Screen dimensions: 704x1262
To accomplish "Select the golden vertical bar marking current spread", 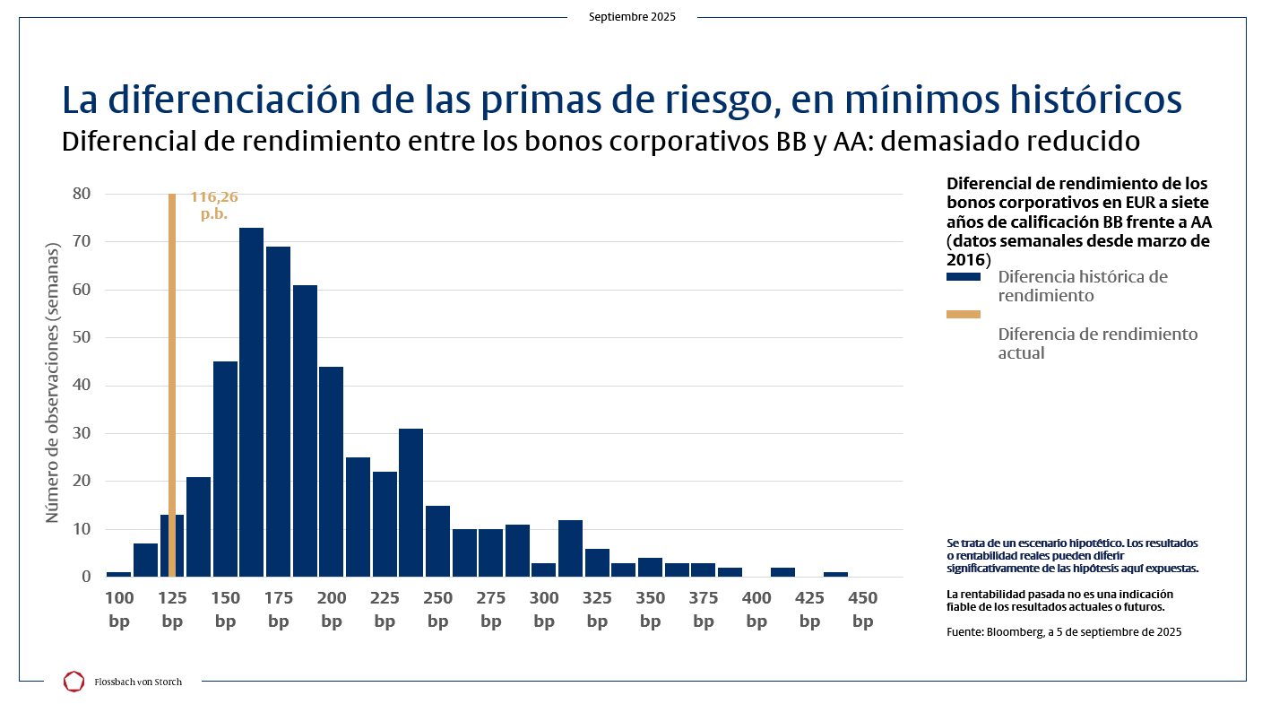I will [x=171, y=359].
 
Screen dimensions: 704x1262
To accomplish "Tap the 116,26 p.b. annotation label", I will [x=213, y=205].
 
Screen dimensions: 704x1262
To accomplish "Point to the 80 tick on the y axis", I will [x=81, y=194].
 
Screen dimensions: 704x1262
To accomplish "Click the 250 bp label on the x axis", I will [x=437, y=610].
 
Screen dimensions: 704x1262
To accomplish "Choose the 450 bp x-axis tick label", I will [x=862, y=610].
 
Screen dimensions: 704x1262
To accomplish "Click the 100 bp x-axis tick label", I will [x=118, y=610].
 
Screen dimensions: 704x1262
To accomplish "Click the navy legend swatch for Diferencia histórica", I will [x=963, y=277].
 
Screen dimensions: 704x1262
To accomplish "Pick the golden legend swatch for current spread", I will [x=963, y=315].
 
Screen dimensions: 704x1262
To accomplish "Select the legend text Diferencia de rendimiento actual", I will [x=1097, y=343].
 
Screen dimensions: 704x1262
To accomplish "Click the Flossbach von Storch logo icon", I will [x=73, y=682].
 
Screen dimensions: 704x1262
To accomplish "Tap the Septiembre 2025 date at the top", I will [x=632, y=17].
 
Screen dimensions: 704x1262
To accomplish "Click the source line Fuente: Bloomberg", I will [x=1063, y=631].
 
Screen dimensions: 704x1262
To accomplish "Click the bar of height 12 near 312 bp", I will [x=570, y=548].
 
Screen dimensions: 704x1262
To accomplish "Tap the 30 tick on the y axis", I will [x=81, y=433].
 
